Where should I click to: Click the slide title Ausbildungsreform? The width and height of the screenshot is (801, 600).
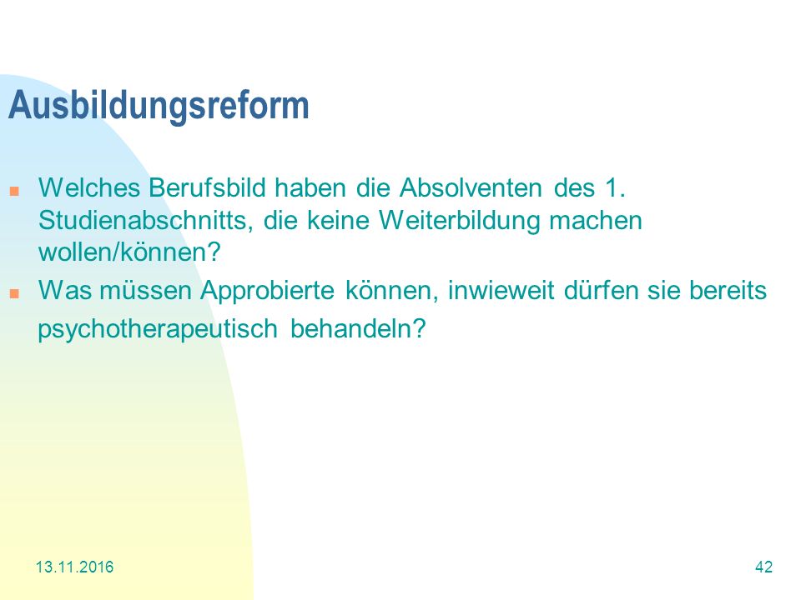point(159,106)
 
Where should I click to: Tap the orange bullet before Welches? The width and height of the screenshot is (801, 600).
point(14,192)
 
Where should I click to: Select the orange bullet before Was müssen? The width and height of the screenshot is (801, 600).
point(14,293)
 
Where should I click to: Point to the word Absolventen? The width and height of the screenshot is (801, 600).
point(471,187)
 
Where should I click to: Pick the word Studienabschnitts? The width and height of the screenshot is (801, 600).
point(145,221)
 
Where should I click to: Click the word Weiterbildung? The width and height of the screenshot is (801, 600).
point(459,221)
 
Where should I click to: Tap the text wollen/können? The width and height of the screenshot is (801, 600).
point(129,252)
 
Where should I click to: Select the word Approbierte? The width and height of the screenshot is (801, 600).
point(267,291)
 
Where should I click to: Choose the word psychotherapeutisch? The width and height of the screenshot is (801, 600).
point(158,329)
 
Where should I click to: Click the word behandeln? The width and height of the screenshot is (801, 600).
point(358,328)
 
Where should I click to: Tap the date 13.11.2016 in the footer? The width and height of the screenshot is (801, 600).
point(74,567)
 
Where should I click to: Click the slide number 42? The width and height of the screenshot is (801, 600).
point(763,567)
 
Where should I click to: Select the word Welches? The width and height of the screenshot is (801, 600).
point(89,187)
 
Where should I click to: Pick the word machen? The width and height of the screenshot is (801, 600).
point(596,221)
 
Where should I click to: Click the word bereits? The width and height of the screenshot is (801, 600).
point(728,290)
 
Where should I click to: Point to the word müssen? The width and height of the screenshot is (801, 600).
point(145,290)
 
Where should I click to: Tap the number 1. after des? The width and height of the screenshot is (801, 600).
point(615,187)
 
